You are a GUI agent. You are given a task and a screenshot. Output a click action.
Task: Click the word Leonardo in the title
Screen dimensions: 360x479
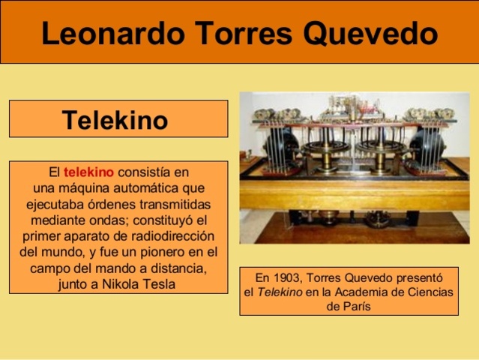point(104,33)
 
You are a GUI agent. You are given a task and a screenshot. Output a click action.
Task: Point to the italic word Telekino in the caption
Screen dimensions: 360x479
point(279,292)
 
